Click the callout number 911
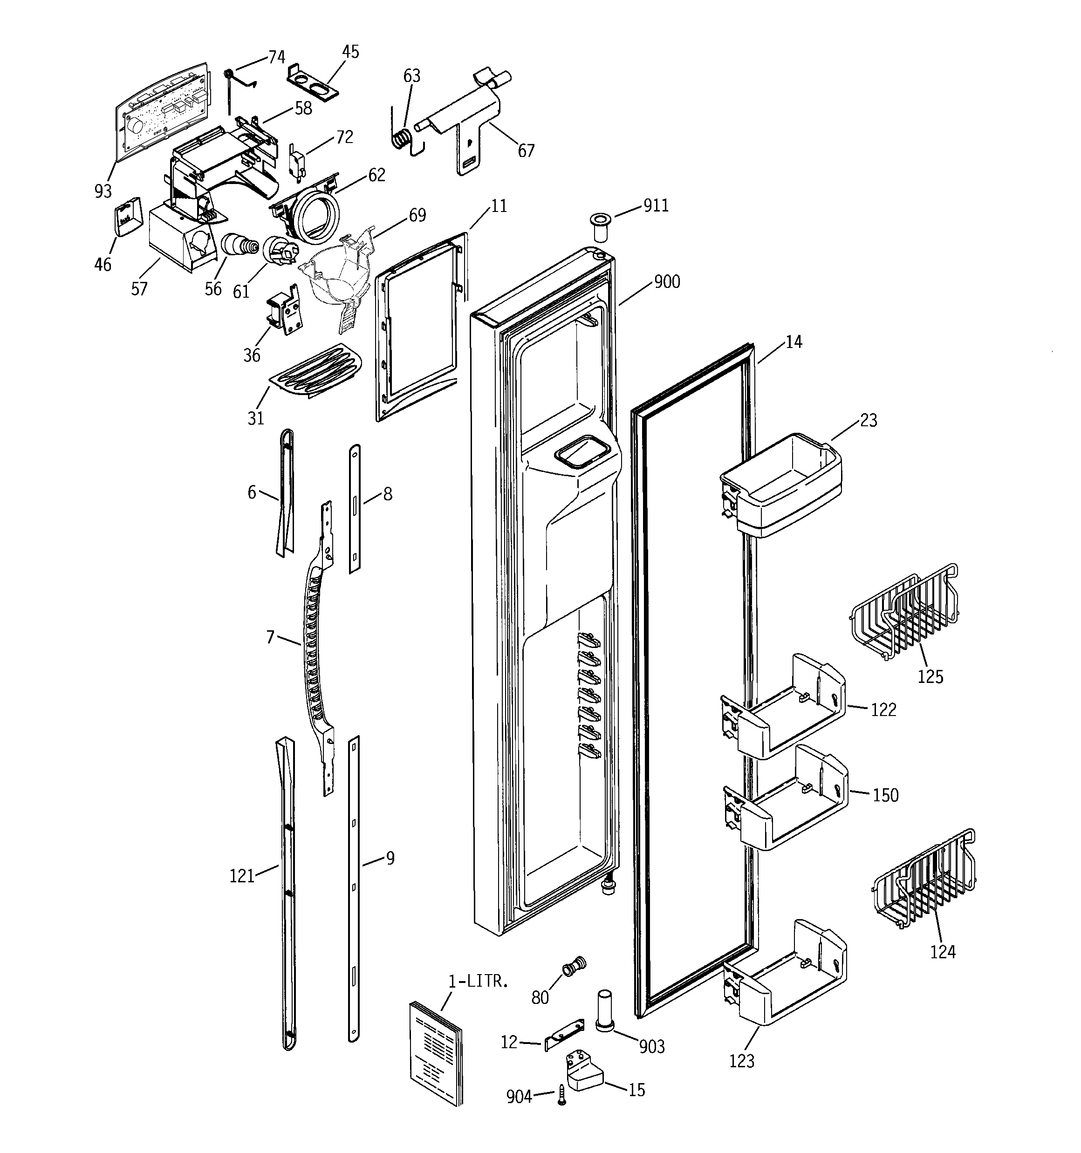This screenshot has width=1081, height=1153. pos(656,206)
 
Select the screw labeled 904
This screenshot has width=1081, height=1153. pos(561,1094)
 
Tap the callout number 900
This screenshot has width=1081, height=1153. pos(667,282)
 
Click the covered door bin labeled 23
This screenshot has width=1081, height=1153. pos(780,484)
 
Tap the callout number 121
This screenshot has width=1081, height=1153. pos(242,876)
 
